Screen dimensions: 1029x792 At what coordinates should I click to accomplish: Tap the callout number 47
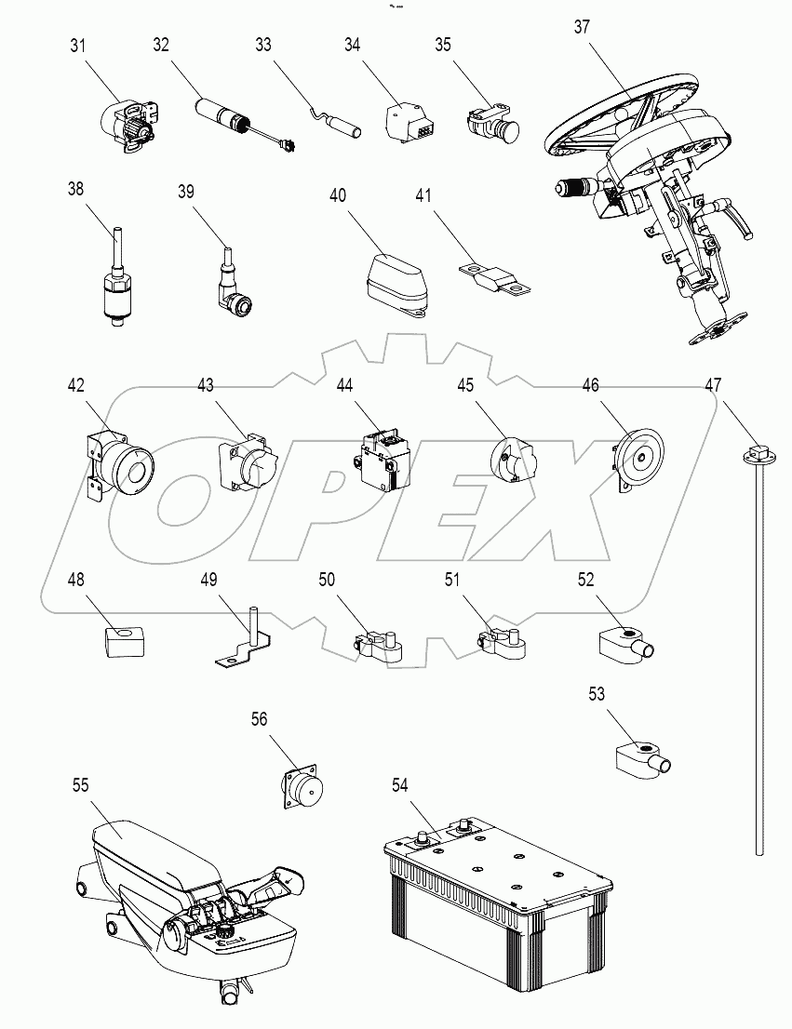713,383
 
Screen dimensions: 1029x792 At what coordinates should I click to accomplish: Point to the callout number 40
337,195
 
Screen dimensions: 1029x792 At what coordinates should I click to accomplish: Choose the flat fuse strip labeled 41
493,277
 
